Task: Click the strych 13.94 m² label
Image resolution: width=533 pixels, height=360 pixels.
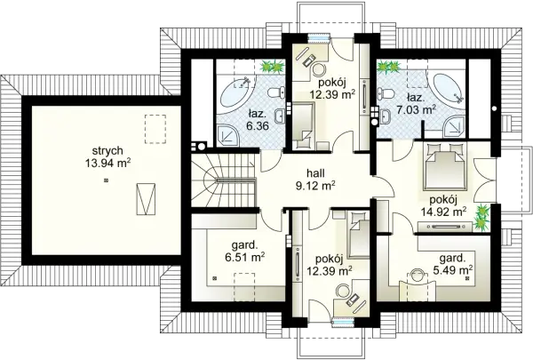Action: point(107,156)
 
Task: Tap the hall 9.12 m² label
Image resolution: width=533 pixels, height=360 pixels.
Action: point(315,179)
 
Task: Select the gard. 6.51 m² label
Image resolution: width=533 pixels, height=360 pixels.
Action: point(245,251)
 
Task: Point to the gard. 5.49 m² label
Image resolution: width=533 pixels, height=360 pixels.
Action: point(452,264)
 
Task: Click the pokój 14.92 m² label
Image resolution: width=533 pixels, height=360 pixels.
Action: point(443,206)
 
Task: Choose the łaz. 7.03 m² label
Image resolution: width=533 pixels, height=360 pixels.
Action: point(416,104)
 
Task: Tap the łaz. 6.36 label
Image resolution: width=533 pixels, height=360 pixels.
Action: point(258,120)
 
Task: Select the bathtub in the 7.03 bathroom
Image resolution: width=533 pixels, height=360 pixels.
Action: point(448,89)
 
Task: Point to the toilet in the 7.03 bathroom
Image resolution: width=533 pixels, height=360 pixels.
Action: point(386,92)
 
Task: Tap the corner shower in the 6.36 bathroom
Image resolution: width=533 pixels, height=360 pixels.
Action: point(228,136)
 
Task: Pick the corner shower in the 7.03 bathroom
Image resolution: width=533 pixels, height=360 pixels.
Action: point(453,125)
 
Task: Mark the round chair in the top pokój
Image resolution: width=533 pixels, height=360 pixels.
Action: point(319,71)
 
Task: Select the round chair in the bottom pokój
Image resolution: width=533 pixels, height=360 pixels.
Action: point(342,292)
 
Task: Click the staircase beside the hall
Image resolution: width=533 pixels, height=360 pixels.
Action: point(223,180)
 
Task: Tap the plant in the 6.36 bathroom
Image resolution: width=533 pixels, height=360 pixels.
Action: point(273,67)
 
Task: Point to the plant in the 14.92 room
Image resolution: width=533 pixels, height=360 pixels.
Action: point(482,216)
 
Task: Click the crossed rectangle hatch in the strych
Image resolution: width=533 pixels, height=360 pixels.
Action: point(147,199)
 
